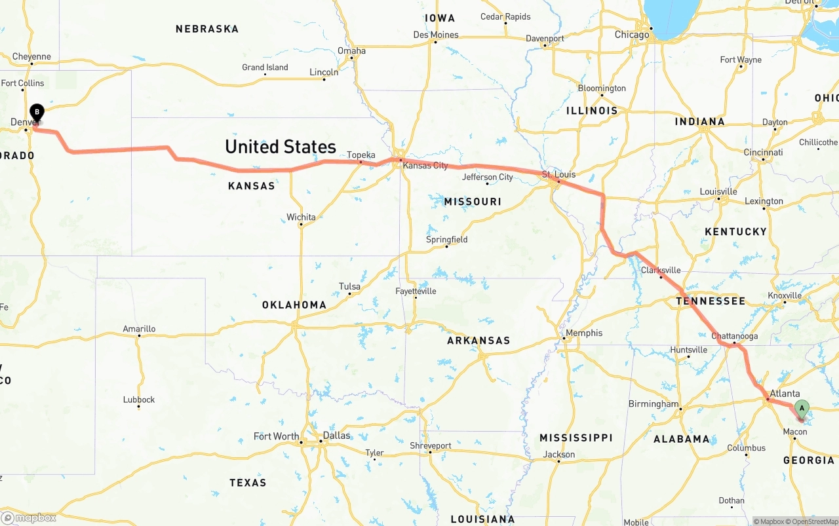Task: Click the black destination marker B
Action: click(x=37, y=113)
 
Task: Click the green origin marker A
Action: click(x=801, y=409)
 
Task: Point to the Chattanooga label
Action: click(x=734, y=336)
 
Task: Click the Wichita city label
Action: click(x=301, y=217)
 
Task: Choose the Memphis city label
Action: click(x=583, y=333)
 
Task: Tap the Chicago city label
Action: click(x=631, y=34)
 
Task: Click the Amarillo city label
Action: click(x=139, y=329)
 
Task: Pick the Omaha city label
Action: click(x=351, y=50)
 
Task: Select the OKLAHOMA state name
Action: click(x=294, y=305)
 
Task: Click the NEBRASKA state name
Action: click(x=207, y=29)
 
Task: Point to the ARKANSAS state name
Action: click(x=478, y=341)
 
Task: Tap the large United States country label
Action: click(x=281, y=147)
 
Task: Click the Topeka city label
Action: click(x=361, y=155)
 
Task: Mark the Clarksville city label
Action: click(x=661, y=270)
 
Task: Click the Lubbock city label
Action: click(x=139, y=400)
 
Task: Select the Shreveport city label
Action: click(x=431, y=446)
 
